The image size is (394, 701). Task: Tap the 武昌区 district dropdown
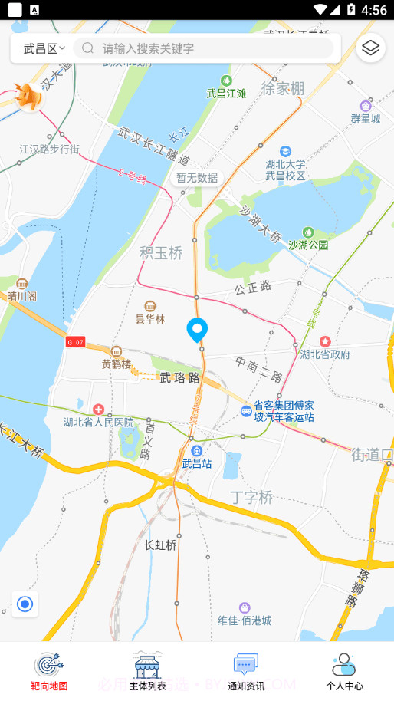[x=44, y=48]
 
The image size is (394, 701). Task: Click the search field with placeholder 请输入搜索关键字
[x=207, y=48]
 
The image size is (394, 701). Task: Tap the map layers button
[x=371, y=48]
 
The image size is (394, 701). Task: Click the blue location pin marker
[x=197, y=330]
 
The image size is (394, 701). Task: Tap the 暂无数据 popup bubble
[x=197, y=178]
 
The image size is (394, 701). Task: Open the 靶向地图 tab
[x=49, y=671]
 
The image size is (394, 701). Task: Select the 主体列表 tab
[x=148, y=671]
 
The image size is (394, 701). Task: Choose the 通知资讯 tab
[x=246, y=671]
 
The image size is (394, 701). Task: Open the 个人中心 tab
[x=344, y=671]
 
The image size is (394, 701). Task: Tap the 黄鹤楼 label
[x=117, y=364]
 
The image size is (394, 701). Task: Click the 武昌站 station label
[x=197, y=462]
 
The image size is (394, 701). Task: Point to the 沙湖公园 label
[x=308, y=245]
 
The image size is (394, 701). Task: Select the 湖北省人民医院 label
[x=99, y=422]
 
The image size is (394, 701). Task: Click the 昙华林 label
[x=150, y=318]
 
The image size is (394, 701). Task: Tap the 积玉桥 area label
[x=161, y=252]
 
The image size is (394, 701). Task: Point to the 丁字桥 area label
[x=251, y=497]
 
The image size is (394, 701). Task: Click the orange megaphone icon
[x=31, y=97]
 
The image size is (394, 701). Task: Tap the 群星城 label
[x=366, y=118]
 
